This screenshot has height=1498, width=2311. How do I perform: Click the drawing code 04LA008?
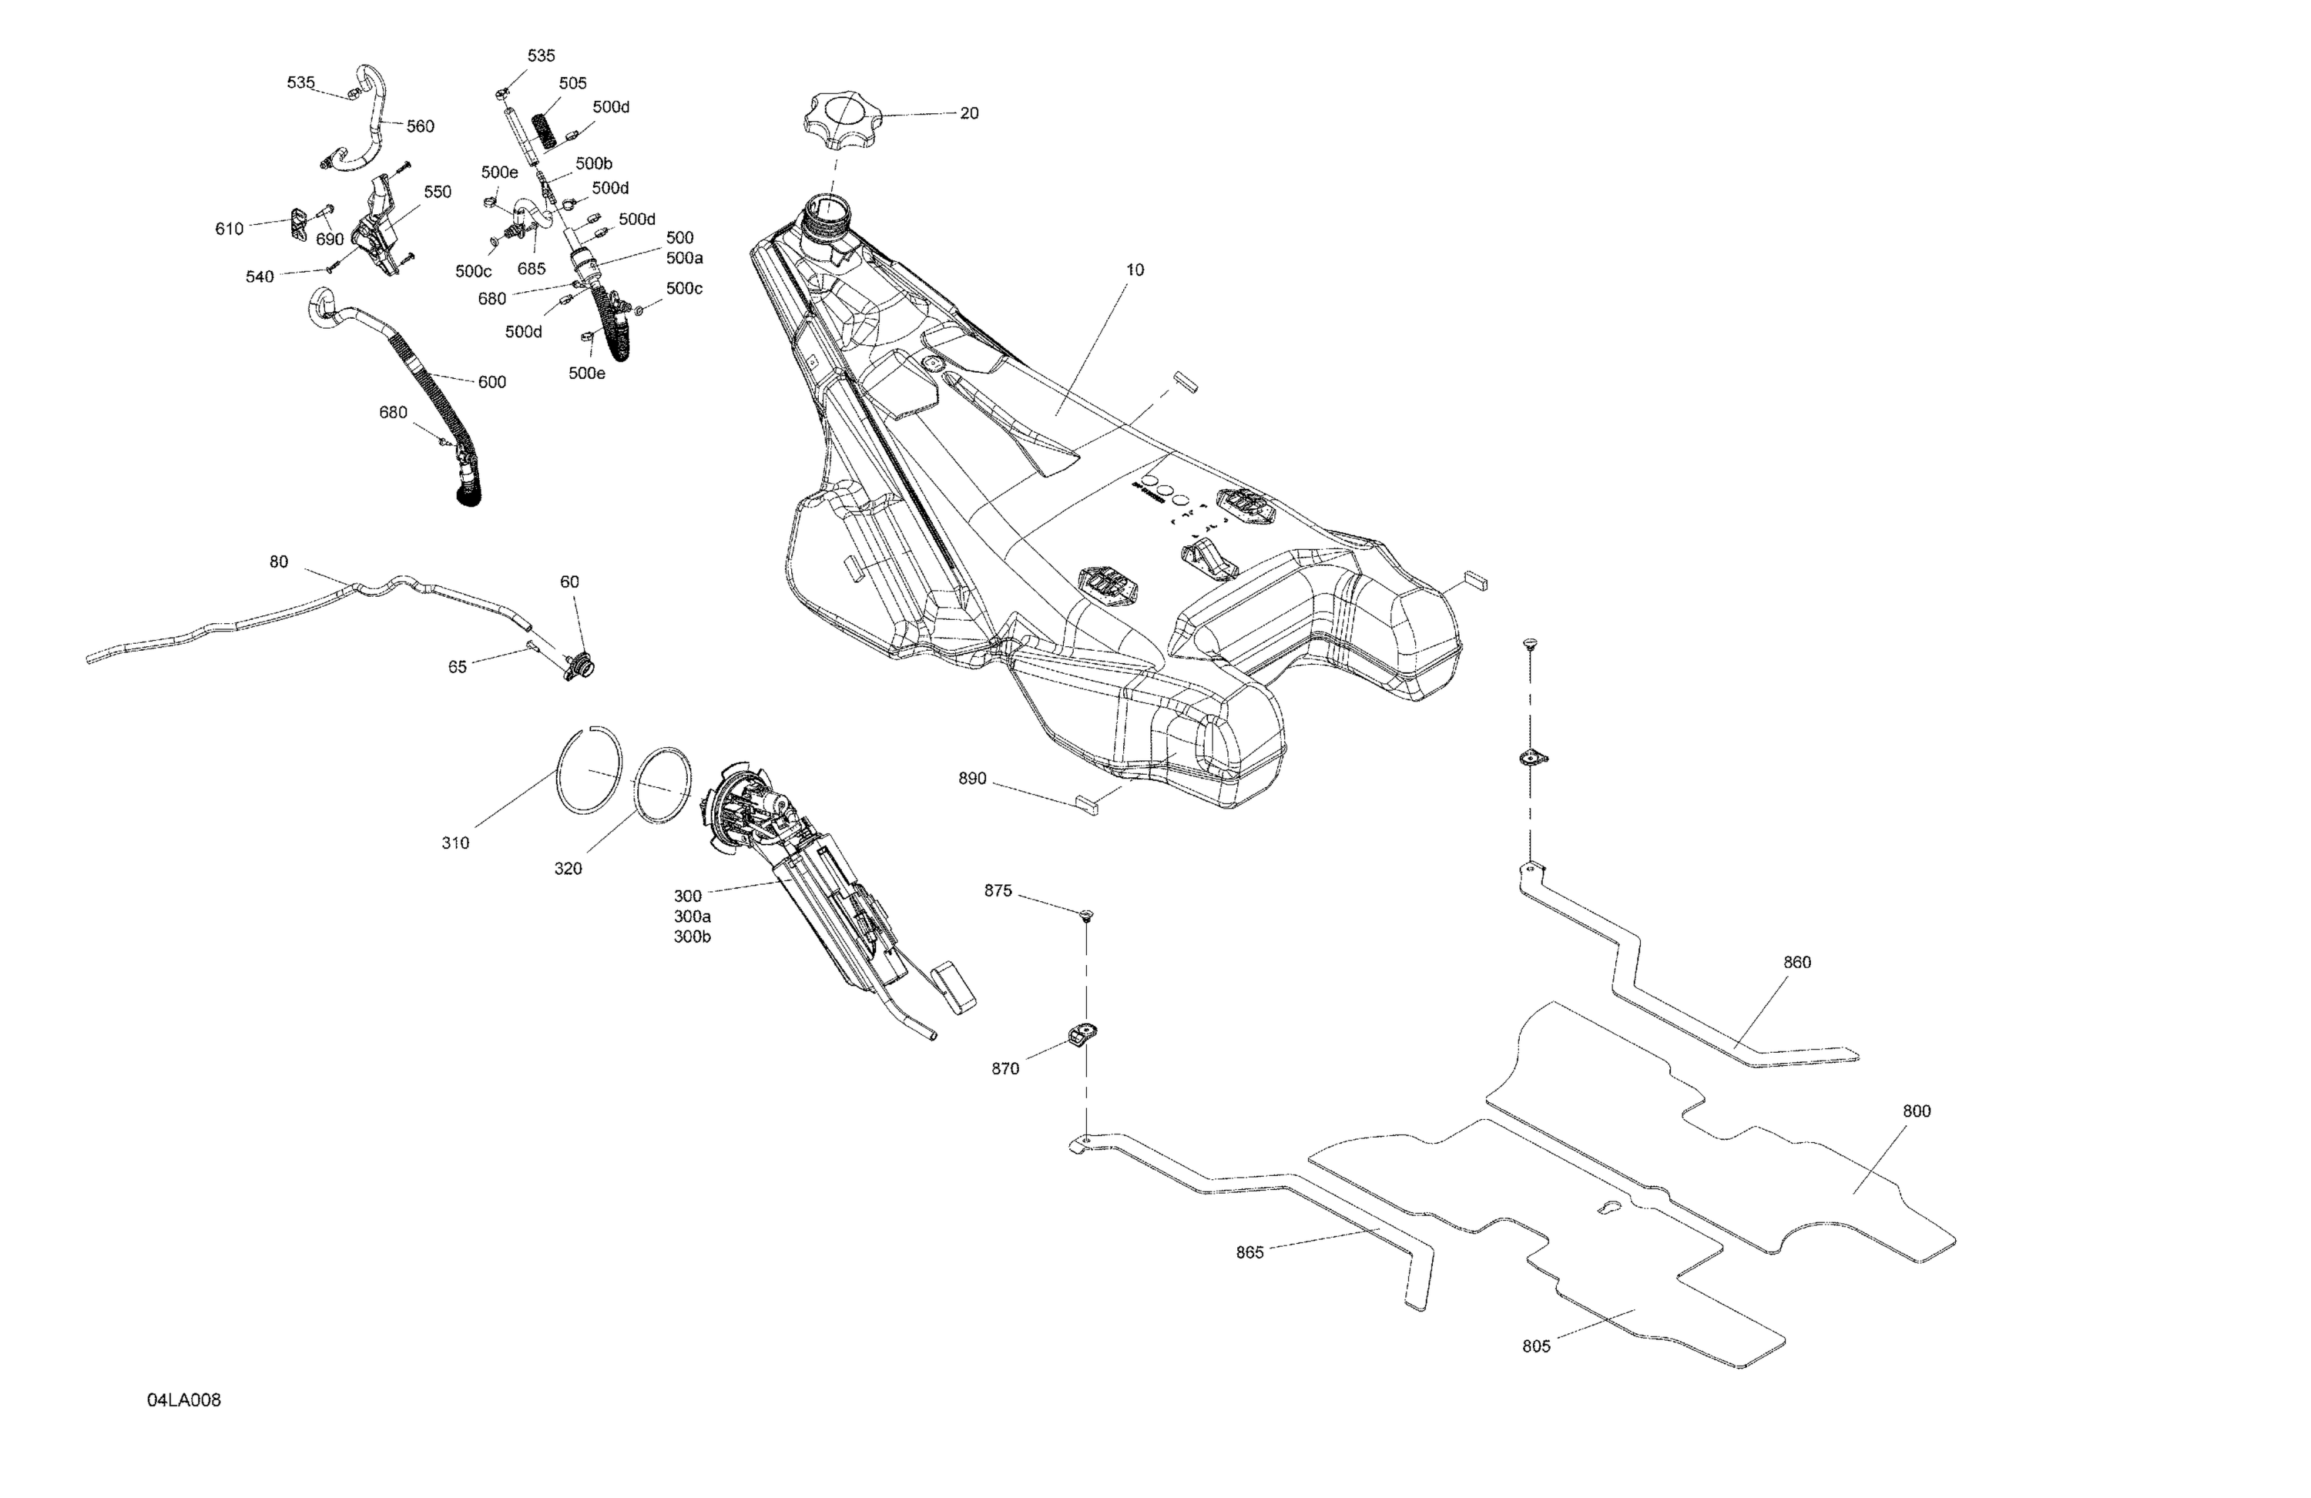pos(183,1400)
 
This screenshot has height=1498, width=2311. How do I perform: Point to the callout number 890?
pos(972,779)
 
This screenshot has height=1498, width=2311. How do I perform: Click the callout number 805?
pos(1536,1346)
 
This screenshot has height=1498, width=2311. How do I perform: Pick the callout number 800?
pos(1916,1111)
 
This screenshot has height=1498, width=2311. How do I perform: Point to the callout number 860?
pos(1797,962)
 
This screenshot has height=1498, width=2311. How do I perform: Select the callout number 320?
pos(568,869)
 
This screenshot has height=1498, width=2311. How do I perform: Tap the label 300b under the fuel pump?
pos(693,937)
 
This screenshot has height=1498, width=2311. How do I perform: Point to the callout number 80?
pos(279,562)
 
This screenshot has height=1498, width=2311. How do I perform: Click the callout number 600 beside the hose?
pos(492,383)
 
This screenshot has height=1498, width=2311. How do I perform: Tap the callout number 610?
pos(229,229)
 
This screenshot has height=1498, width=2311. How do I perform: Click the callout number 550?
pos(437,193)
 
